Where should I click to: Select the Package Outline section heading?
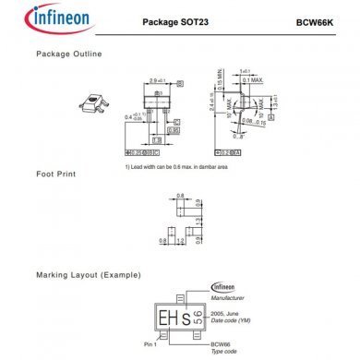click(x=69, y=54)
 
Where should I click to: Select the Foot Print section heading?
click(x=56, y=174)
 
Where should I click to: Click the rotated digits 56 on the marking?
click(x=195, y=313)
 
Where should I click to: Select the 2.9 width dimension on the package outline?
click(x=155, y=82)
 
